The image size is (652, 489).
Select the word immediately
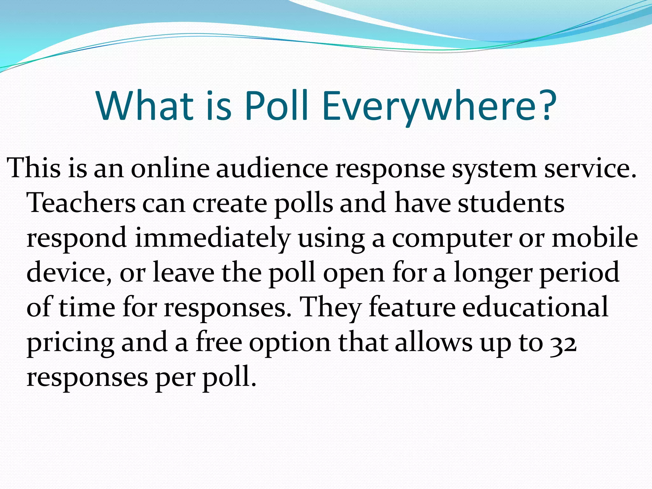click(212, 239)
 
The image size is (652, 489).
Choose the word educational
click(535, 307)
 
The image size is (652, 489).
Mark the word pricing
click(70, 344)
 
